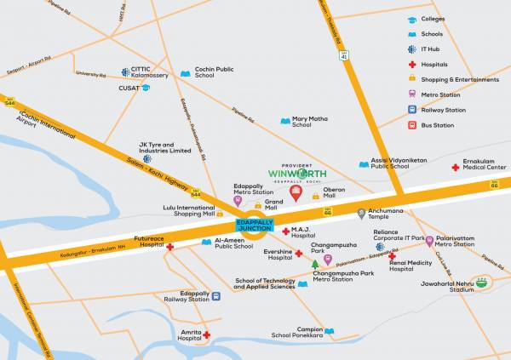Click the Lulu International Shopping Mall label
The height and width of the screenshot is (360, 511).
pyautogui.click(x=189, y=210)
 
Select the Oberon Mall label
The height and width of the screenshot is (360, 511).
pyautogui.click(x=334, y=193)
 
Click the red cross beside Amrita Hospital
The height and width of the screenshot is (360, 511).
pyautogui.click(x=205, y=335)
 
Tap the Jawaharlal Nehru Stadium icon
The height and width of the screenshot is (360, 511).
pyautogui.click(x=483, y=283)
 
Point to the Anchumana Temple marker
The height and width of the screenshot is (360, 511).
pyautogui.click(x=362, y=213)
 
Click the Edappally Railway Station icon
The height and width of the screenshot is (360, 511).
pyautogui.click(x=216, y=296)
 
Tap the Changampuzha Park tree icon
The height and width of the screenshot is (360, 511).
pyautogui.click(x=314, y=265)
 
